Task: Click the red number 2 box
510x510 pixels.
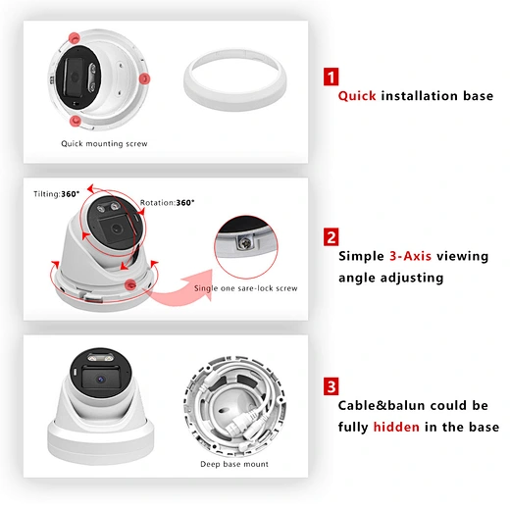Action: click(x=331, y=236)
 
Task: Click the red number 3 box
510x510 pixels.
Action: click(x=331, y=385)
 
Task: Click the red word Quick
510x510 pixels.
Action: click(x=358, y=96)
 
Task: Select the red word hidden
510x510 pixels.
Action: click(x=397, y=427)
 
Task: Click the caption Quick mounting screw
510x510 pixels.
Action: click(x=104, y=143)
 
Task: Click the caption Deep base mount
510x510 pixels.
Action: click(x=234, y=464)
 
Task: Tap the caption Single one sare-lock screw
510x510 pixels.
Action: click(x=247, y=288)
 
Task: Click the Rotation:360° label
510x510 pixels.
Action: click(x=167, y=202)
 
